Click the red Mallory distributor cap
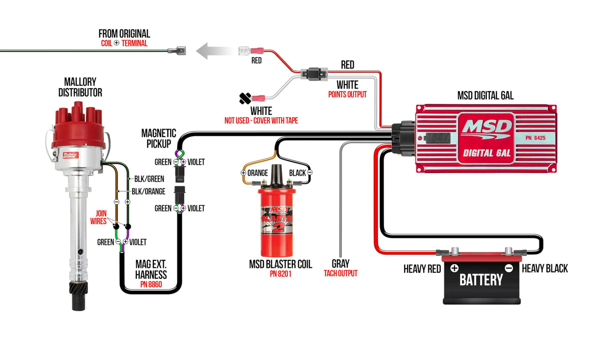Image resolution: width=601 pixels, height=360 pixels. [80, 125]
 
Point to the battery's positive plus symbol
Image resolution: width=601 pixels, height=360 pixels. [454, 267]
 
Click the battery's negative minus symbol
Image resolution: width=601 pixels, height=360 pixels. [508, 267]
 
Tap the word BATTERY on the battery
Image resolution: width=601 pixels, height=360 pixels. [481, 279]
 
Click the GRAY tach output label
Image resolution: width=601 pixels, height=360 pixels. [341, 263]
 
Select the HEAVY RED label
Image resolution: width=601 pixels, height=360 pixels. [422, 269]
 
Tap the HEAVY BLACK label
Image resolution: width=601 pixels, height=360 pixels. [545, 269]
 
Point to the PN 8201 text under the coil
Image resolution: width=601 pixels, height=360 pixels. [280, 274]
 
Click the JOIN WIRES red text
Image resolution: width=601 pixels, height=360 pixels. [98, 217]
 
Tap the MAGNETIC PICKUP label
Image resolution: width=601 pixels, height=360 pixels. [158, 139]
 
